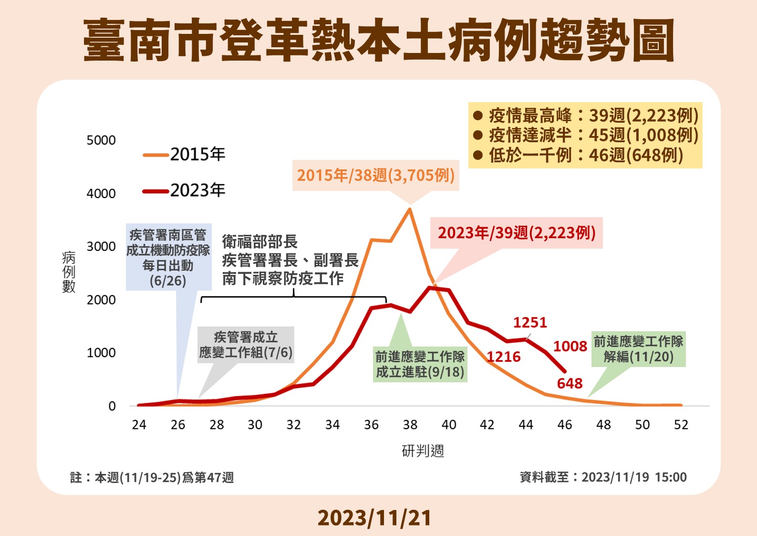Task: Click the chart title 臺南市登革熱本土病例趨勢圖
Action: tap(378, 41)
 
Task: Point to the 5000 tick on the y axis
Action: tap(101, 140)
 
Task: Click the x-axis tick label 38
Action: tap(410, 425)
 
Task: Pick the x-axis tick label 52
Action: tap(681, 425)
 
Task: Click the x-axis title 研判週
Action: tap(423, 451)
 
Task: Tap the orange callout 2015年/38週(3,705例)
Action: tap(375, 176)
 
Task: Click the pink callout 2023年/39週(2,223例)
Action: tap(517, 233)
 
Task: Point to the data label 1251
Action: tap(530, 323)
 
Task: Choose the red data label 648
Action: tap(570, 383)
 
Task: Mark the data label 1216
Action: tap(504, 357)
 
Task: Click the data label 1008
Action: tap(570, 346)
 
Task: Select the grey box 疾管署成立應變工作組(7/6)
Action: tap(246, 345)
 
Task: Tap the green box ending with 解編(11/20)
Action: tap(638, 349)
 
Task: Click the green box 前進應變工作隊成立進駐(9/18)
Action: tap(420, 364)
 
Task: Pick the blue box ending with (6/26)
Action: tap(168, 258)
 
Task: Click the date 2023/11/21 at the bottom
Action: tap(374, 518)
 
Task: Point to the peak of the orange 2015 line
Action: tap(410, 209)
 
